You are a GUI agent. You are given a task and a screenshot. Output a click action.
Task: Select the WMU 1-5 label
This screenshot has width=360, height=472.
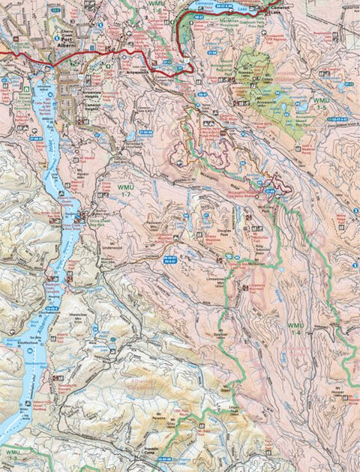point(321,103)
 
